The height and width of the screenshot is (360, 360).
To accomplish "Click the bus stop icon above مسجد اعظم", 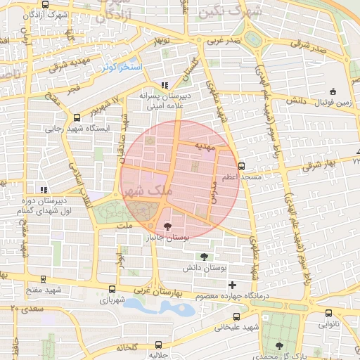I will click(242, 167).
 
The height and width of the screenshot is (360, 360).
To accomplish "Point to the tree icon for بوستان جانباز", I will click(167, 226).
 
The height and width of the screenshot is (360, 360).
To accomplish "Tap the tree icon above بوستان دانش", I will click(204, 257).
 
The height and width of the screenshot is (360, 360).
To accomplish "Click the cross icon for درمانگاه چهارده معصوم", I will click(233, 285).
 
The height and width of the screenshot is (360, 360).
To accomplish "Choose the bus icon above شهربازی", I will click(113, 288).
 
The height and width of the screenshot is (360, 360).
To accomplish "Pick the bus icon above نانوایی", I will click(328, 314).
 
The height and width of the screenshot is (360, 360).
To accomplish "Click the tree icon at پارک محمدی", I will click(281, 345).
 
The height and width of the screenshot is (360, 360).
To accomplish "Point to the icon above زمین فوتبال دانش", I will click(333, 91).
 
